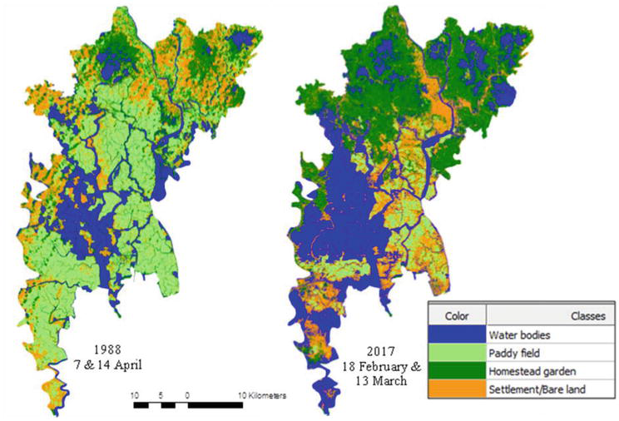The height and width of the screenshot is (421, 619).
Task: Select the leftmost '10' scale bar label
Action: (136, 396)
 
